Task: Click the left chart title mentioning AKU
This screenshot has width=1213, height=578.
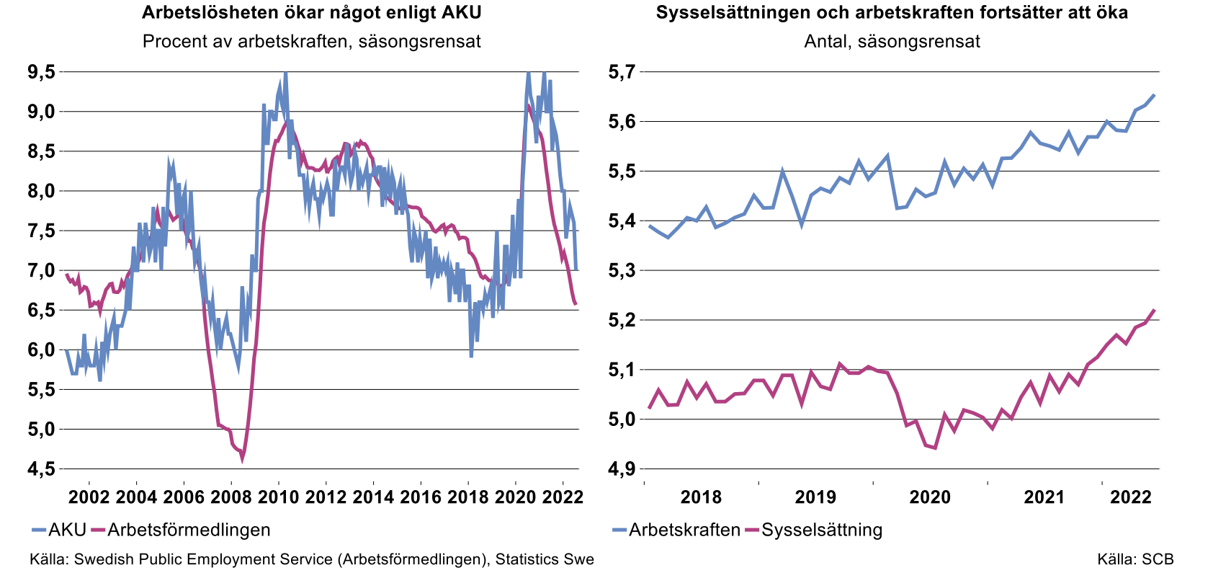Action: click(x=311, y=13)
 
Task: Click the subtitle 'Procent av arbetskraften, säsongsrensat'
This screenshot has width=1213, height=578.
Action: click(x=311, y=41)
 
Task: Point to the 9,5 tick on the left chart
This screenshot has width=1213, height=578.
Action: click(x=41, y=72)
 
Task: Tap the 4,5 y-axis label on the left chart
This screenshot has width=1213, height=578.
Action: click(x=41, y=469)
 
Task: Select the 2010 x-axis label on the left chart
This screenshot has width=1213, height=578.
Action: click(x=278, y=497)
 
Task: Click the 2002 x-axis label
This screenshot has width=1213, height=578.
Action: click(x=89, y=497)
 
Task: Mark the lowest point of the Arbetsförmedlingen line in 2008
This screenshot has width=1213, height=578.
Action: click(x=242, y=459)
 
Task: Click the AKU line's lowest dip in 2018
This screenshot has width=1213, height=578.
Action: click(x=471, y=356)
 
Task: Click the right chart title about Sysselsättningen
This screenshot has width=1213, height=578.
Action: click(x=892, y=13)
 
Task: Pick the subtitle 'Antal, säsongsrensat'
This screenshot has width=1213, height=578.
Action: click(x=892, y=41)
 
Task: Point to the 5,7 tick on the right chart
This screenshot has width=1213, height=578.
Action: click(x=622, y=72)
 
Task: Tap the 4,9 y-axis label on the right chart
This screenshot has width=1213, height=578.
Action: click(x=622, y=469)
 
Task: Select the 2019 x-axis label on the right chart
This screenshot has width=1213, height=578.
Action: click(x=815, y=497)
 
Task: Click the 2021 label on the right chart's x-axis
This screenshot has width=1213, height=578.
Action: click(x=1044, y=497)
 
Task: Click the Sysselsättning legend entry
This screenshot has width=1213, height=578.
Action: click(x=813, y=530)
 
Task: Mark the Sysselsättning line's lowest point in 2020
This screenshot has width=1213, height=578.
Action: click(x=934, y=448)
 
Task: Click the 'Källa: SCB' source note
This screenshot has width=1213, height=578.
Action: click(x=1135, y=559)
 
